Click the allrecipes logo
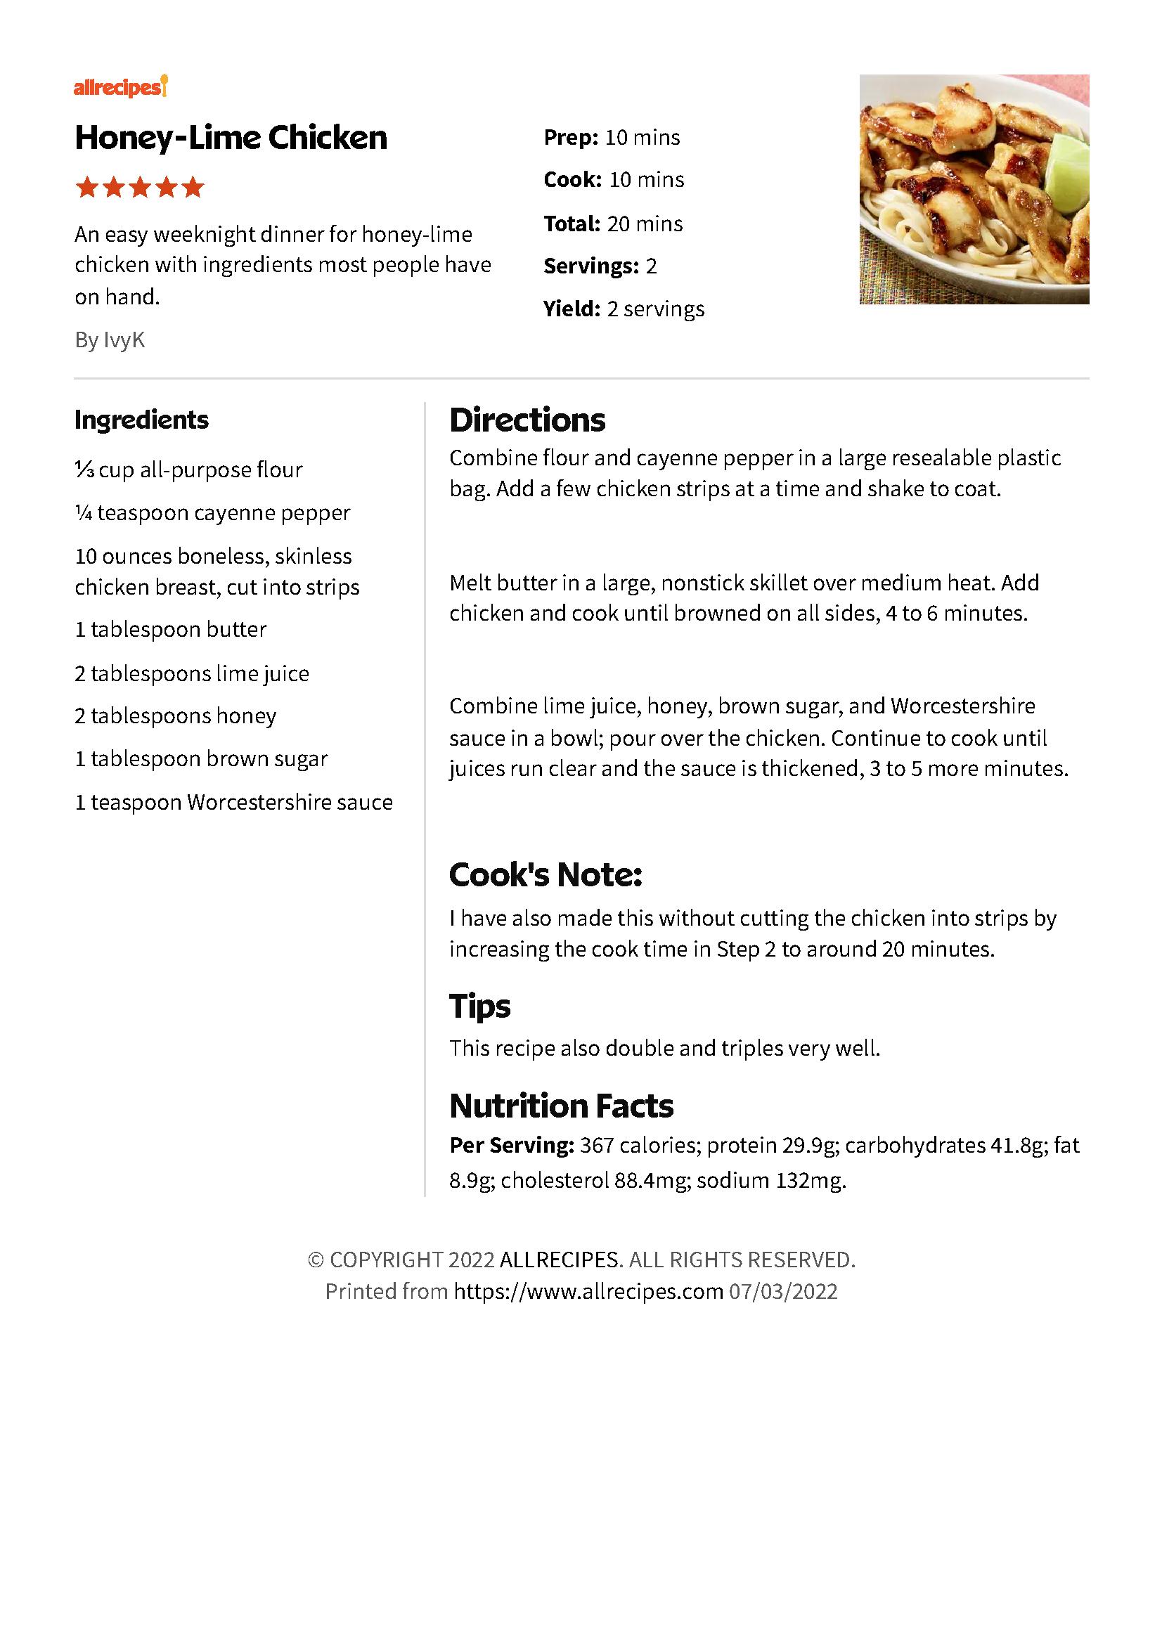[x=120, y=87]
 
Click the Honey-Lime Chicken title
[x=231, y=138]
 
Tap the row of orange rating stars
[x=140, y=188]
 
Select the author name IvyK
[x=124, y=340]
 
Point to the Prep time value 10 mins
[x=643, y=138]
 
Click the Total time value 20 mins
[x=645, y=224]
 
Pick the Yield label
[x=572, y=309]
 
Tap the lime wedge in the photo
[x=1069, y=176]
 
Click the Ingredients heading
[x=142, y=420]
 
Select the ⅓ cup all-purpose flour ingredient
[x=188, y=470]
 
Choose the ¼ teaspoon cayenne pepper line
[x=212, y=513]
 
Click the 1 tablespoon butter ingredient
[x=170, y=630]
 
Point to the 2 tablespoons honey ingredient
[x=176, y=716]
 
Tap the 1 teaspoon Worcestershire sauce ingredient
[x=233, y=803]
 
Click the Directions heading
[x=527, y=420]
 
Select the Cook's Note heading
[x=546, y=875]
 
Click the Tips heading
[x=479, y=1006]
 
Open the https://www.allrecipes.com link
[x=588, y=1291]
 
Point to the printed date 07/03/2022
[x=783, y=1291]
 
